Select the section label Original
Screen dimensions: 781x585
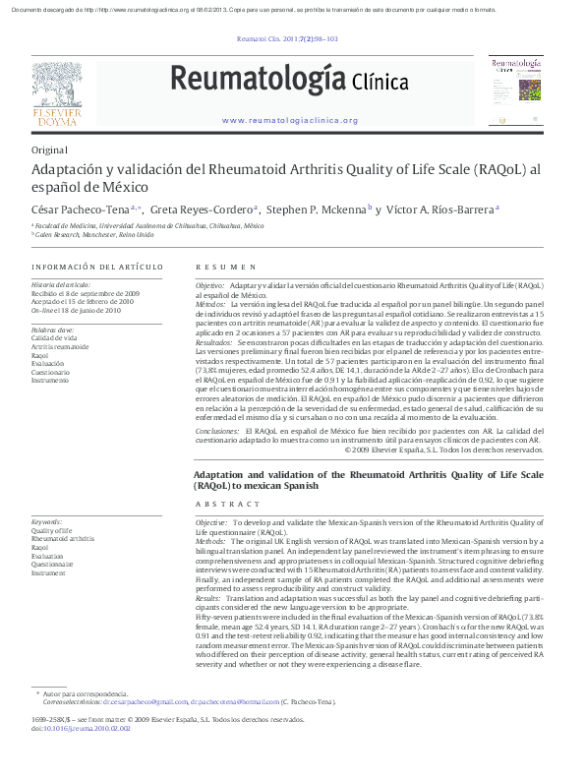[x=49, y=150]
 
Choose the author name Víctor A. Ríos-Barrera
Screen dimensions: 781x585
[x=441, y=209]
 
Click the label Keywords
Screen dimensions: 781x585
[x=46, y=521]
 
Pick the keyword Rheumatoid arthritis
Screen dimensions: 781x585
[x=63, y=539]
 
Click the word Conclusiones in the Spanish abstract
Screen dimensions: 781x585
[x=217, y=431]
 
